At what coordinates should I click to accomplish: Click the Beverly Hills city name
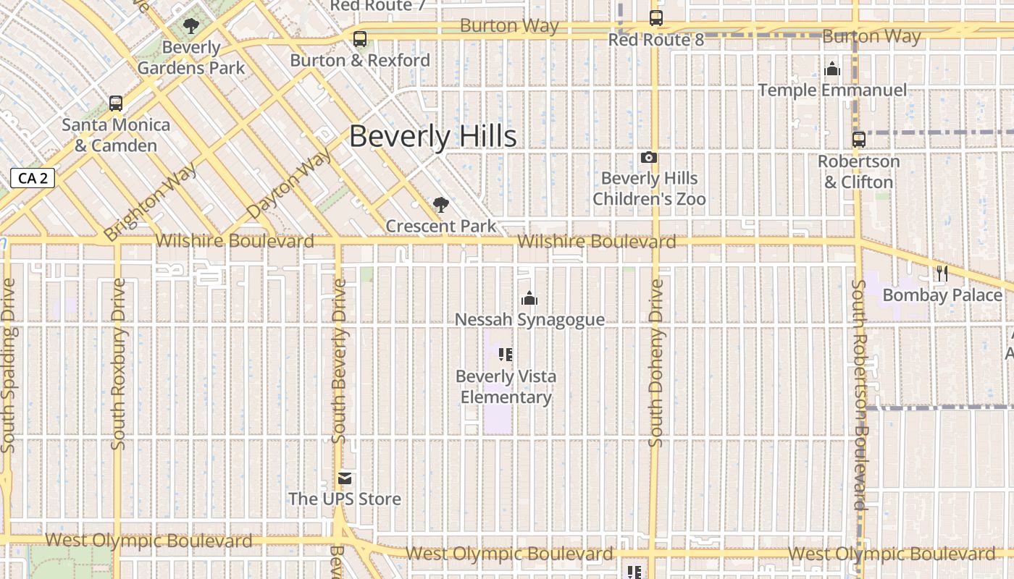433,136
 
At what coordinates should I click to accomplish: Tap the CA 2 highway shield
33,178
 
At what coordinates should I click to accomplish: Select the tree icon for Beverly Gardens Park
191,27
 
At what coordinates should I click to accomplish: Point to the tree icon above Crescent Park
440,205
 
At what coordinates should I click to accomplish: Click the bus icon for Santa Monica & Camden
116,103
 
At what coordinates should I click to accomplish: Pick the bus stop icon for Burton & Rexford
360,39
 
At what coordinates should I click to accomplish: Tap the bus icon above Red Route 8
656,18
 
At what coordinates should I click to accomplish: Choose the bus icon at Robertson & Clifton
859,140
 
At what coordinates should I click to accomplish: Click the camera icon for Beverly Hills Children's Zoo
649,157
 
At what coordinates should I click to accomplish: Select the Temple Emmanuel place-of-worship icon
833,69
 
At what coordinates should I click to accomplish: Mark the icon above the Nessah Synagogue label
529,297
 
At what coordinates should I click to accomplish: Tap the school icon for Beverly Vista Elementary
506,355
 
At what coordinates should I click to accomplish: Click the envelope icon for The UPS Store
345,478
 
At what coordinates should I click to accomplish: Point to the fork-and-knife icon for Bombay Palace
942,273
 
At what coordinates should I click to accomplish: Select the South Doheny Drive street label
656,363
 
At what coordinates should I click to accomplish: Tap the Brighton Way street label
151,203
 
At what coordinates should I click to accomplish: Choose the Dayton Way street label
290,182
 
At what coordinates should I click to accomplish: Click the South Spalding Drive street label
9,365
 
